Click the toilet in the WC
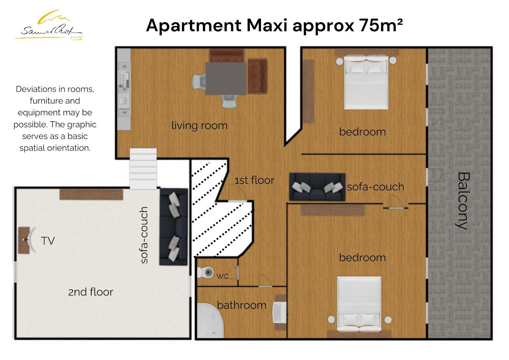coord(206,272)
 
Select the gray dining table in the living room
coord(226,78)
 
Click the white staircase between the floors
coord(143,169)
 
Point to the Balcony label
coord(463,201)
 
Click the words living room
coord(200,126)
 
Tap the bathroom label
coord(242,305)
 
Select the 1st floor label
coord(254,180)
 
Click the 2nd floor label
coord(91,292)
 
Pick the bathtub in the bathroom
coord(210,321)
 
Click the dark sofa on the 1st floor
coord(317,187)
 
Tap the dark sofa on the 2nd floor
coord(174,227)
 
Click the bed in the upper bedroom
coord(366,82)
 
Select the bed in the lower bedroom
coord(359,304)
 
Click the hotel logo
coord(48,25)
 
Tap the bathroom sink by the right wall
coord(279,312)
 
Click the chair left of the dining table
coord(199,81)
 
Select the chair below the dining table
coord(229,101)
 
